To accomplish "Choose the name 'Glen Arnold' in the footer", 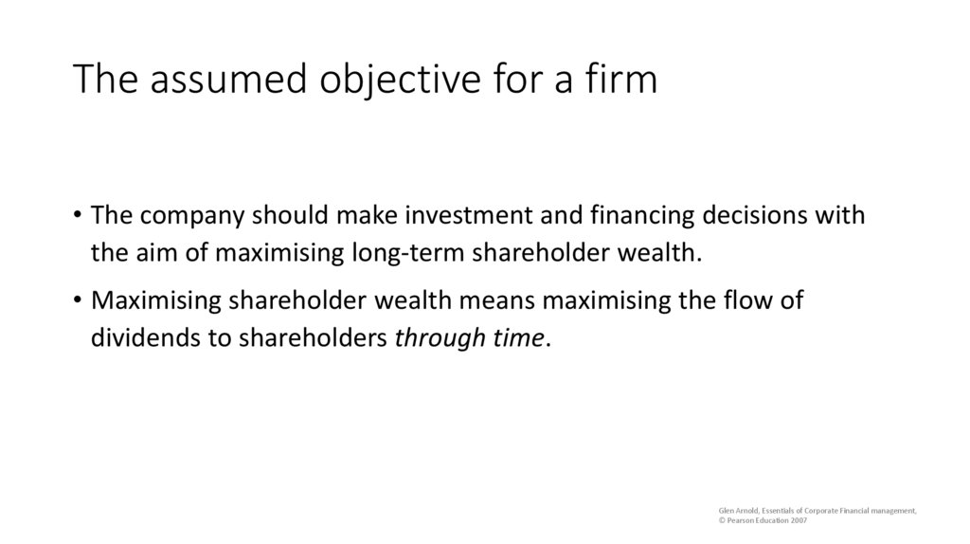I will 737,511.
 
